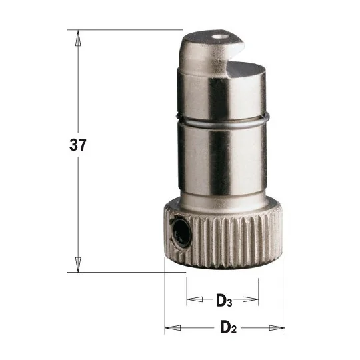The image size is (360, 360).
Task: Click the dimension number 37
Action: pos(78,145)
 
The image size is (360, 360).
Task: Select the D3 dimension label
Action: pos(224,300)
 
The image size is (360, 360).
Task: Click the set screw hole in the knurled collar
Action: pos(181,233)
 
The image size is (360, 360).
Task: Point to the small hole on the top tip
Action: pos(218,37)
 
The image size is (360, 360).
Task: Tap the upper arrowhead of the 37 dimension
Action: pos(78,39)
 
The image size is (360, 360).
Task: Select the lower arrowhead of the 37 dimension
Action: pos(78,265)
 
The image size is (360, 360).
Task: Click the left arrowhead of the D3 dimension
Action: pos(195,299)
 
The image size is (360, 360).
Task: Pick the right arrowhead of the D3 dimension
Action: pos(251,299)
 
